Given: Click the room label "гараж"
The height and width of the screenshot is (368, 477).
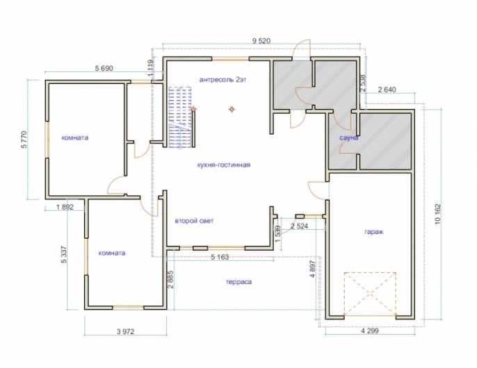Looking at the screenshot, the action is pyautogui.click(x=373, y=232).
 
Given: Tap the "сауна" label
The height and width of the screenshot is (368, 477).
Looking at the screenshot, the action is pyautogui.click(x=349, y=138).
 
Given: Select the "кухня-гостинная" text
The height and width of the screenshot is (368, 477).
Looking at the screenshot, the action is pyautogui.click(x=224, y=165).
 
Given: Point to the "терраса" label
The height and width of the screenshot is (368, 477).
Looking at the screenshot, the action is pyautogui.click(x=239, y=282).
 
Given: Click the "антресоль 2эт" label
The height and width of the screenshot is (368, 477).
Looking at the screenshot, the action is pyautogui.click(x=223, y=80).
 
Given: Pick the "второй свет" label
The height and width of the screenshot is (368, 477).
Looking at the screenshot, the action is pyautogui.click(x=194, y=221).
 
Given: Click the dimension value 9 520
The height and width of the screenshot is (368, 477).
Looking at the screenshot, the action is pyautogui.click(x=261, y=41).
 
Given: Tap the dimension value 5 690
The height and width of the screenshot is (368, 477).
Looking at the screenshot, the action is pyautogui.click(x=104, y=68).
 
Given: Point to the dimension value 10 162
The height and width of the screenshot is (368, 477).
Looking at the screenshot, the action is pyautogui.click(x=438, y=214).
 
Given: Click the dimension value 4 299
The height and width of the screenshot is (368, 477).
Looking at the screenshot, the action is pyautogui.click(x=370, y=331).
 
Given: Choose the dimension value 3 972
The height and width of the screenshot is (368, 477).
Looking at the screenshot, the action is pyautogui.click(x=125, y=331).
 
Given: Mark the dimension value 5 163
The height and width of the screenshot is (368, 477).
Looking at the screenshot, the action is pyautogui.click(x=220, y=258).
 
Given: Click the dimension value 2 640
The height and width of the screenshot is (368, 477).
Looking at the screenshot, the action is pyautogui.click(x=387, y=90).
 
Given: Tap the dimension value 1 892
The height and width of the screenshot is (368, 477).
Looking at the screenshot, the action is pyautogui.click(x=65, y=207).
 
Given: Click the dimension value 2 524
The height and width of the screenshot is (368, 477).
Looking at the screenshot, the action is pyautogui.click(x=299, y=226).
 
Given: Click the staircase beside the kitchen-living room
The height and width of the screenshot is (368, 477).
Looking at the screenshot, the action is pyautogui.click(x=180, y=117).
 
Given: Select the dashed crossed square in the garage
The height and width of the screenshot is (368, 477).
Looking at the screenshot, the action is pyautogui.click(x=370, y=294).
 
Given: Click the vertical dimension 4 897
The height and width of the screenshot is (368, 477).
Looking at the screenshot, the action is pyautogui.click(x=313, y=268).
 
